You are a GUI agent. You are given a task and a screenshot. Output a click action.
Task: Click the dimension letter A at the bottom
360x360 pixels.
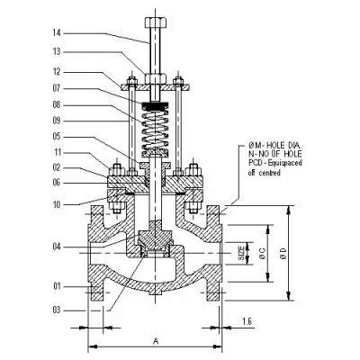click(x=157, y=340)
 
